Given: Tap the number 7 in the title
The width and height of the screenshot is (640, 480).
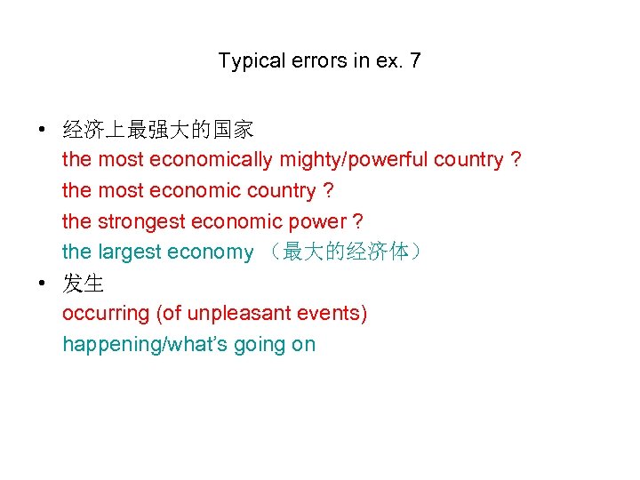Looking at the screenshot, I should (x=415, y=62).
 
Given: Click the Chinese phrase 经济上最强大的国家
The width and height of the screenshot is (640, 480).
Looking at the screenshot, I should (x=158, y=130).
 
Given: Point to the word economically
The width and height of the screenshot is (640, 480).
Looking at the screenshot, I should (x=212, y=161).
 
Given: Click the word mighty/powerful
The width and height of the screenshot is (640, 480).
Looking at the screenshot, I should (x=356, y=161).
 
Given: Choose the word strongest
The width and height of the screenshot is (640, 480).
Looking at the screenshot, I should (x=141, y=222).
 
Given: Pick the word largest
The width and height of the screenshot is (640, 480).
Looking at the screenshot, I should (x=131, y=252).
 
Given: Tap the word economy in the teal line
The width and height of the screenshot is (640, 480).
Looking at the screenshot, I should (x=211, y=252).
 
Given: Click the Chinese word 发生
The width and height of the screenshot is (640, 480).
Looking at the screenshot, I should (x=84, y=284).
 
